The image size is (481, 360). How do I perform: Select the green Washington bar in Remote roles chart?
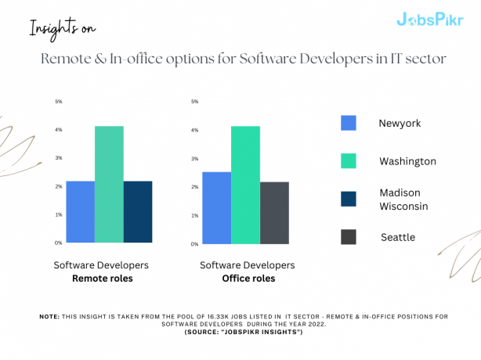point(109,184)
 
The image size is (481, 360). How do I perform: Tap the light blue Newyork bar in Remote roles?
point(80,211)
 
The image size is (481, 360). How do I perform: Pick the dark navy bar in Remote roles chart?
point(138,211)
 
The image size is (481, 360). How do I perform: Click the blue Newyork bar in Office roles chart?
point(216,207)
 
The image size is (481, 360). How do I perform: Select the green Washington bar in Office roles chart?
point(245,185)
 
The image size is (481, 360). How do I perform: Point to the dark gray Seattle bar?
point(274,212)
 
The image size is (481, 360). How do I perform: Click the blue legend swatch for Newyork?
point(349,123)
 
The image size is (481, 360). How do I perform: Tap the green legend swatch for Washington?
point(349,160)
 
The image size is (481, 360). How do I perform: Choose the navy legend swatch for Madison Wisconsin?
point(349,199)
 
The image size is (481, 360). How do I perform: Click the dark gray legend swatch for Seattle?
point(349,236)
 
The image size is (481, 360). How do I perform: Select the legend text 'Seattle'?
point(398,237)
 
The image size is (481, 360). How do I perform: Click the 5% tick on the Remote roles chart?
point(58,101)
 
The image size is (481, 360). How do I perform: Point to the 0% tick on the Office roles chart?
point(194,243)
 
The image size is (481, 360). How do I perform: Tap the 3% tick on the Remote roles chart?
point(58,158)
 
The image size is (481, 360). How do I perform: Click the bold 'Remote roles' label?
point(102,278)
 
